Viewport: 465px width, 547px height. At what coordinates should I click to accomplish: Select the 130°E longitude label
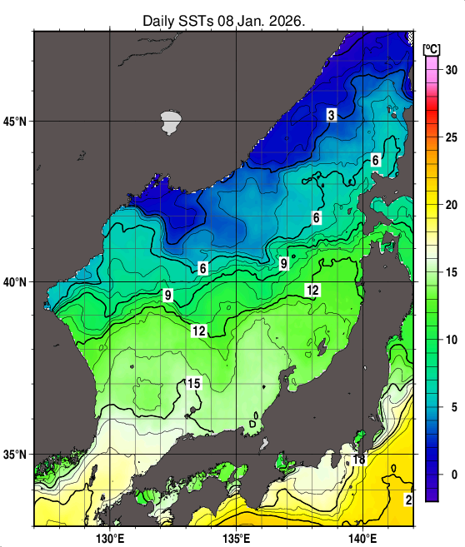point(111,537)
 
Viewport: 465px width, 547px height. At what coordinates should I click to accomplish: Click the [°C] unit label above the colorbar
point(432,47)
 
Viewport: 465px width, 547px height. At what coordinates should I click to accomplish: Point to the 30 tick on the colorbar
point(451,70)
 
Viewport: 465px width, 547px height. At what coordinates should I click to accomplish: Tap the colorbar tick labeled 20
point(451,205)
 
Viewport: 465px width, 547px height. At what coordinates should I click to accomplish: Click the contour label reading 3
point(331,115)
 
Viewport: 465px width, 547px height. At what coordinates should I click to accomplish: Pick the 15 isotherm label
point(193,383)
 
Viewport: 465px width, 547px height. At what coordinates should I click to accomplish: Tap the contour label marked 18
point(359,460)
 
